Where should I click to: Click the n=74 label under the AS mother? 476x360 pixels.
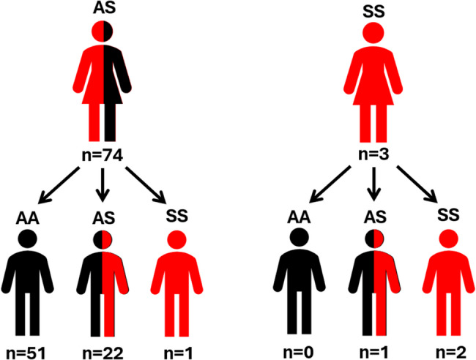(103, 156)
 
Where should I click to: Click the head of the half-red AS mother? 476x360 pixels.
(103, 34)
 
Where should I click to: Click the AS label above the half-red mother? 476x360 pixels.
(103, 8)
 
